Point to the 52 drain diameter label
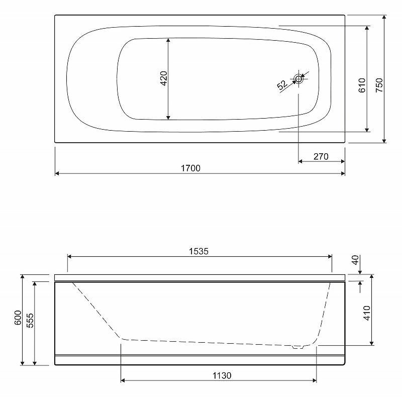click(282, 84)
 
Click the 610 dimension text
click(362, 85)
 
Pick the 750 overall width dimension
click(379, 85)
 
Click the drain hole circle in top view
click(298, 79)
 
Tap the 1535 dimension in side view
click(198, 251)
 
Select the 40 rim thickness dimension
click(355, 260)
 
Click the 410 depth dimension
click(367, 313)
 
